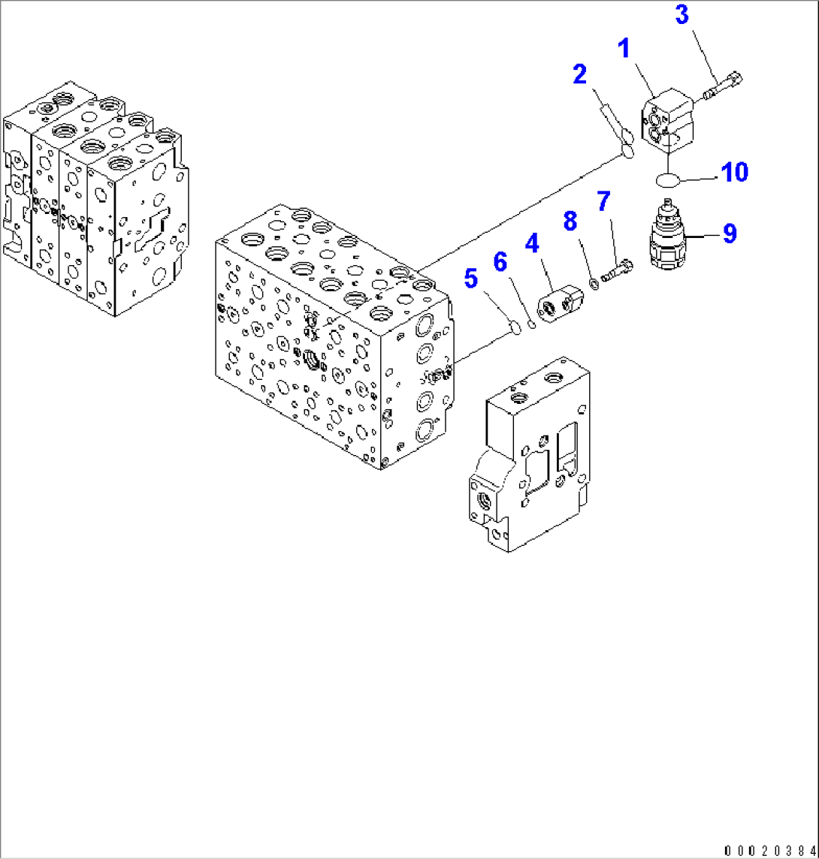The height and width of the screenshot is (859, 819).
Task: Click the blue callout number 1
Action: tap(623, 51)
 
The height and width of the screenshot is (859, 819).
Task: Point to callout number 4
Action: tap(531, 243)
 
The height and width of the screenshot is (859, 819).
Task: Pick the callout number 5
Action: tap(470, 279)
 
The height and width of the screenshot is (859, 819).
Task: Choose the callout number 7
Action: tap(603, 202)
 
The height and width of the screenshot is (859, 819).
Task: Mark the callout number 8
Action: tap(570, 221)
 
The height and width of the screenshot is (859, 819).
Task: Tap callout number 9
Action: tap(728, 234)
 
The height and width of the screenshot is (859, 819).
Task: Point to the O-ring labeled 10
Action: tap(666, 180)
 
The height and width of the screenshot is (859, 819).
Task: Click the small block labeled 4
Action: tap(560, 305)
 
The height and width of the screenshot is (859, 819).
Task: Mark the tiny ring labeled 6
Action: tap(531, 324)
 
